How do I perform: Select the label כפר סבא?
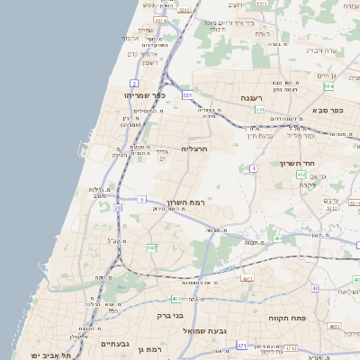tap(329, 111)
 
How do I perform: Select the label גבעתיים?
tap(115, 344)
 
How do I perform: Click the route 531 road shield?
tap(187, 94)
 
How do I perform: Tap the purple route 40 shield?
tap(316, 288)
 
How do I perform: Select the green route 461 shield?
tap(279, 238)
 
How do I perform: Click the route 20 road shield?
tap(119, 207)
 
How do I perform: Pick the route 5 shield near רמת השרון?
tap(142, 199)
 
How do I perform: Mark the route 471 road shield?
tap(242, 346)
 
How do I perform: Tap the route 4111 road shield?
tap(246, 279)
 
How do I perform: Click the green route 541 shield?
tap(260, 110)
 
